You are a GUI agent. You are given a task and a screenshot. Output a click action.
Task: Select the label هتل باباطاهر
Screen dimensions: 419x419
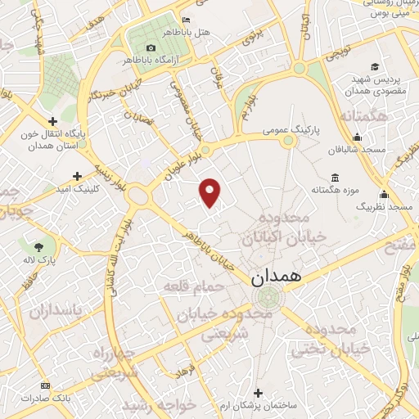click(208, 32)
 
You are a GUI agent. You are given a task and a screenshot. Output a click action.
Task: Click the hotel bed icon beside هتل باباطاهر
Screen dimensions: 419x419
click(186, 20)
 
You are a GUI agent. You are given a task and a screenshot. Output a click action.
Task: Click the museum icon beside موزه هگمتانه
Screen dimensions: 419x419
click(334, 178)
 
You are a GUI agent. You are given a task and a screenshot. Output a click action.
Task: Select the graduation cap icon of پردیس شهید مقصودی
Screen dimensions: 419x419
click(374, 67)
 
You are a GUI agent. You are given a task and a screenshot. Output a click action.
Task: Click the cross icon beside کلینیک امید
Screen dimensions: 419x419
click(78, 176)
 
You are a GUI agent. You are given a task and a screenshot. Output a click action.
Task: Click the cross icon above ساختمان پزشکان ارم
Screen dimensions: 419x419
click(259, 394)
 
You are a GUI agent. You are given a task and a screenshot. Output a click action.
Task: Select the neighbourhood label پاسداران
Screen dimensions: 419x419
click(57, 311)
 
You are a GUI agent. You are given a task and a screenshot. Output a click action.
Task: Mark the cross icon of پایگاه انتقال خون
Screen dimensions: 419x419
click(52, 122)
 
